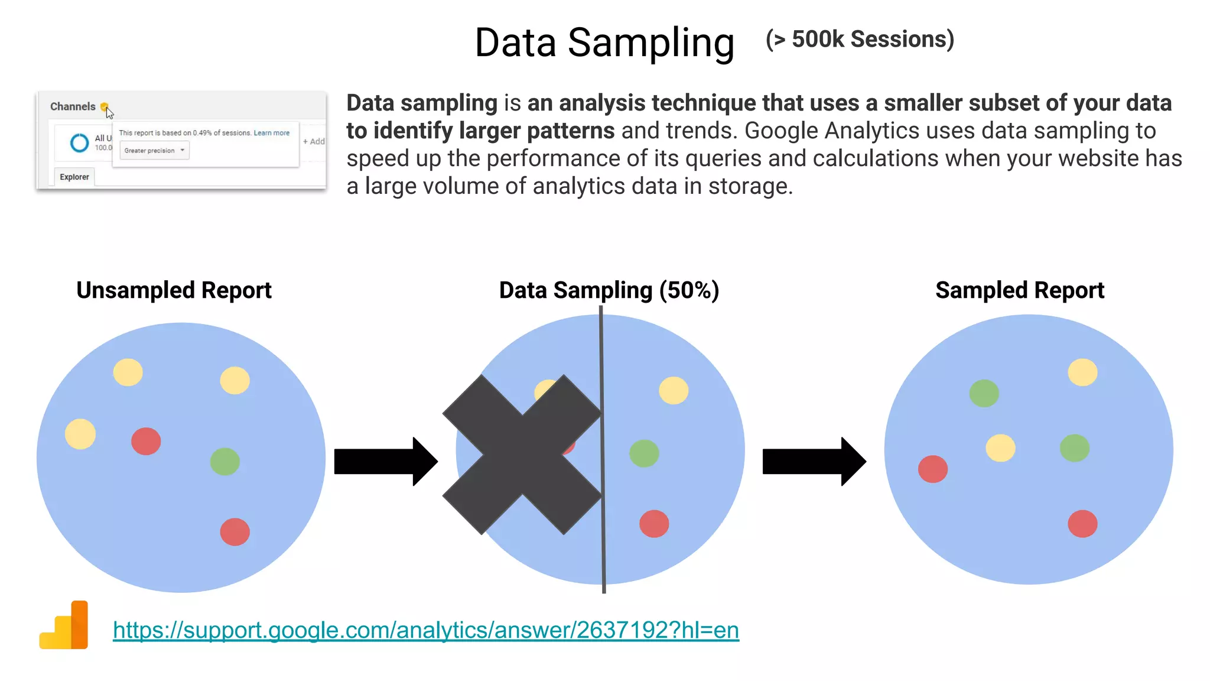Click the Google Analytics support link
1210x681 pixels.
click(425, 630)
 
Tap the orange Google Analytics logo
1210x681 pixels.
click(64, 625)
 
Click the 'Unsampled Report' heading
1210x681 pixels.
click(174, 290)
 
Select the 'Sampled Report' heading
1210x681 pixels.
click(1020, 290)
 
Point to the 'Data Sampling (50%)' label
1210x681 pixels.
click(609, 290)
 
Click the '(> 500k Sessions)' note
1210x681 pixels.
click(860, 40)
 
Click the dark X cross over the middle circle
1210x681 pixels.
click(522, 455)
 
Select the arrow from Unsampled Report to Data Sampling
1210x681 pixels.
click(385, 462)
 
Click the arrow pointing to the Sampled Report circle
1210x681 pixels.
click(814, 462)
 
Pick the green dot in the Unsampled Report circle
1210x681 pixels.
click(225, 462)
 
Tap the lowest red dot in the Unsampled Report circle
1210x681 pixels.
click(235, 532)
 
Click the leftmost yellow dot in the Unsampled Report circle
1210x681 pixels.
click(80, 434)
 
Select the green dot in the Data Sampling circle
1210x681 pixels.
click(644, 453)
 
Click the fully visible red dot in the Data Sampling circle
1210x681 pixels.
click(654, 524)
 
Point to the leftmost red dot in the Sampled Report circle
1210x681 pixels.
click(933, 469)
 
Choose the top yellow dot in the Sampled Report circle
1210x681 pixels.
click(1082, 372)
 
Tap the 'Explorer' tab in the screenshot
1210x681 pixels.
click(74, 177)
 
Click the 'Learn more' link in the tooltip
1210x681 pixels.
click(272, 133)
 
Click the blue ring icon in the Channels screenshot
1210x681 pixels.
click(79, 142)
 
